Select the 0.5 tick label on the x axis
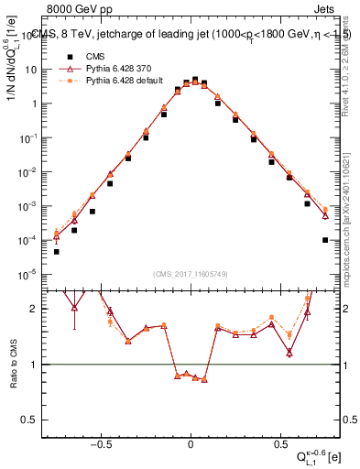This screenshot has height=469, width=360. tap(279, 441)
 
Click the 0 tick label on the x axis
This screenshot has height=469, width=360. tap(191, 441)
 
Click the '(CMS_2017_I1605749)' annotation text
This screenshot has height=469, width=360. tap(191, 274)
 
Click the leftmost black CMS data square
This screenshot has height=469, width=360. tap(57, 251)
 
